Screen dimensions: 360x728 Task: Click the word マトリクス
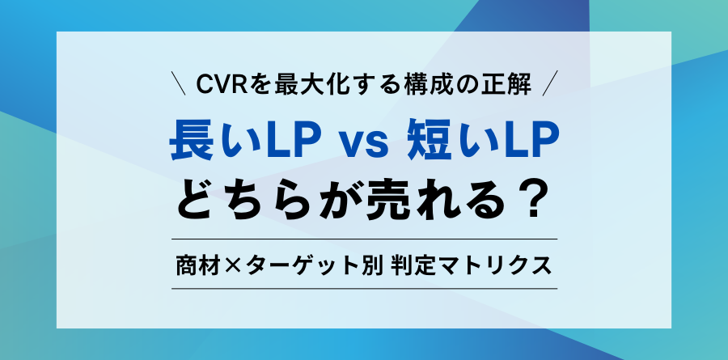[498, 264]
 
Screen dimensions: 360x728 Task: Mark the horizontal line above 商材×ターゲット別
[364, 239]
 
